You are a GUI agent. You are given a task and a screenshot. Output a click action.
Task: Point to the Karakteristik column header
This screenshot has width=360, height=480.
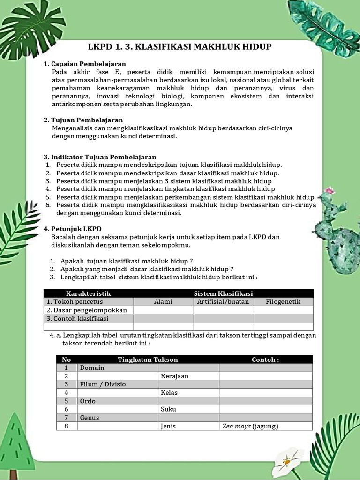click(89, 293)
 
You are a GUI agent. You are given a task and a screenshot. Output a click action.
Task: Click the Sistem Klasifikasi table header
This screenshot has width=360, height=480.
click(223, 293)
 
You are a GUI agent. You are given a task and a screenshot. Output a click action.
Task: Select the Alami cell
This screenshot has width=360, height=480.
click(163, 301)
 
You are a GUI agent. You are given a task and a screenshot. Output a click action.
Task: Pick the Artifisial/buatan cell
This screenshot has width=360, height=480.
click(223, 301)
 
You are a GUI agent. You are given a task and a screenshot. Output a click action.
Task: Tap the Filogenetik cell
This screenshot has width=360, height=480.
click(283, 301)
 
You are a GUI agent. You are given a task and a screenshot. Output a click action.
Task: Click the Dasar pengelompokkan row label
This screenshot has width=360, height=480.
click(87, 310)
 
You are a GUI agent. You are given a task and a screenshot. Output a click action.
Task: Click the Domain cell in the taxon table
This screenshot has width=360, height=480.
click(92, 367)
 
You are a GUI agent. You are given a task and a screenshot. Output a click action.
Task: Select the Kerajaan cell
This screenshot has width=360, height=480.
click(174, 376)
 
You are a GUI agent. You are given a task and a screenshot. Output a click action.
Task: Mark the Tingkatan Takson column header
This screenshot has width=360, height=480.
click(148, 360)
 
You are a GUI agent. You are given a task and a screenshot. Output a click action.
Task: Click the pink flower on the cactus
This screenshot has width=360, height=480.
click(330, 191)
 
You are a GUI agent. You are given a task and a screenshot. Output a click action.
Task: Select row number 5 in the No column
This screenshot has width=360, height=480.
click(67, 401)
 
